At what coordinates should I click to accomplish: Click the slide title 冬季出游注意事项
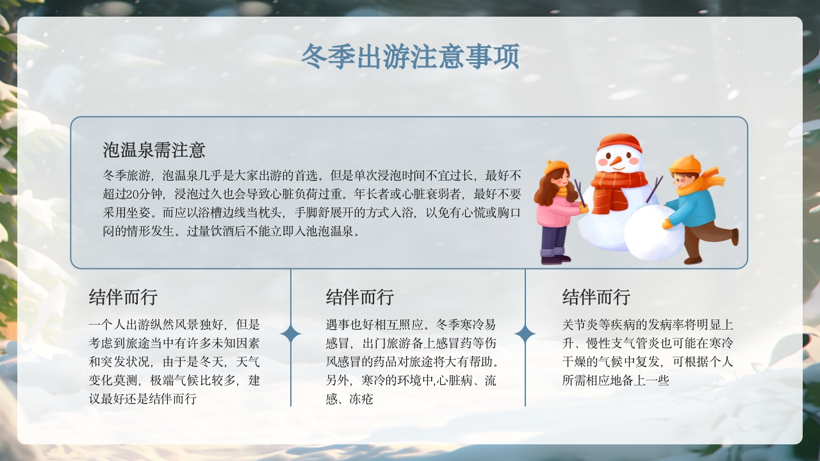[x=410, y=57]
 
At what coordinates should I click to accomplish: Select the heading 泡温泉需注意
[x=154, y=150]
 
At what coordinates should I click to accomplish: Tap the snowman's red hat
[x=619, y=142]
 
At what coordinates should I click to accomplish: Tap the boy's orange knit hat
[x=685, y=164]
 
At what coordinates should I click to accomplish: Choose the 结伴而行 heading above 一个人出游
[x=123, y=297]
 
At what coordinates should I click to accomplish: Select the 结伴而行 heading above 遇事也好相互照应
[x=359, y=297]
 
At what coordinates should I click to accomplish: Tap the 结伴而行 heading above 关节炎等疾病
[x=596, y=297]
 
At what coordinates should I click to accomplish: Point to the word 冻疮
[x=361, y=400]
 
